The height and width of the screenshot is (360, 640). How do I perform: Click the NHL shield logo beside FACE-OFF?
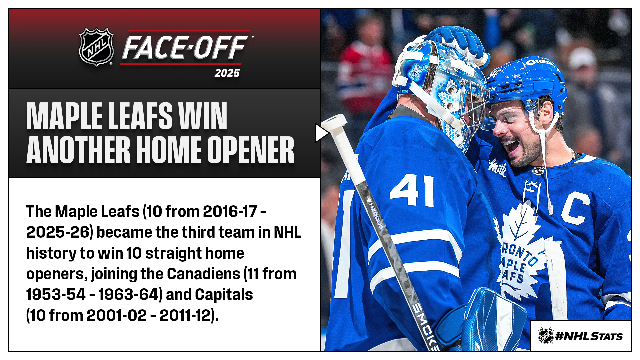(96, 47)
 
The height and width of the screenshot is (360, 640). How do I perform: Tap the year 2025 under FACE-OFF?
(227, 73)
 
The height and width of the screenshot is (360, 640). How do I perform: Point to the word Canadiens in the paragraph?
(203, 274)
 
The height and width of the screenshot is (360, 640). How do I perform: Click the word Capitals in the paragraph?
(224, 295)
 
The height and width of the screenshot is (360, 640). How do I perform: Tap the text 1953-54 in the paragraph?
(56, 295)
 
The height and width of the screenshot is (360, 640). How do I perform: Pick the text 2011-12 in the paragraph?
(185, 315)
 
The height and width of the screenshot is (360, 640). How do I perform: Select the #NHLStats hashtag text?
(589, 336)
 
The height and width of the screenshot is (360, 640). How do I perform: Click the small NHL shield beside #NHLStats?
(546, 336)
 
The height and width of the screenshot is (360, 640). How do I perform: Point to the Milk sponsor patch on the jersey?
(498, 167)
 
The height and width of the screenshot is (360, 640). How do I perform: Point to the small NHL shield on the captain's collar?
(538, 171)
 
